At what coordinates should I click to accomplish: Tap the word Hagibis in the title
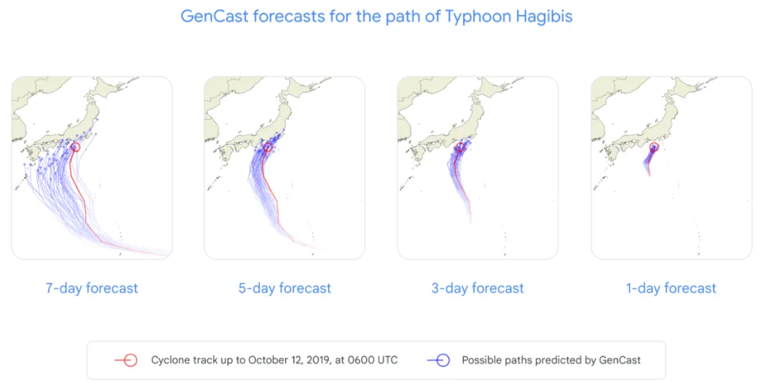pos(544,16)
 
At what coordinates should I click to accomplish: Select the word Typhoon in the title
pos(477,16)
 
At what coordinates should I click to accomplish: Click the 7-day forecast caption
pos(92,288)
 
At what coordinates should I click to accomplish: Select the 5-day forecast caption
pos(284,288)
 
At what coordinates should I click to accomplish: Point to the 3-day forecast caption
pos(477,288)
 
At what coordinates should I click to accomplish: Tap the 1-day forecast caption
pos(671,288)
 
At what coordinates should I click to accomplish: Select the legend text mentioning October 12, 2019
pos(274,361)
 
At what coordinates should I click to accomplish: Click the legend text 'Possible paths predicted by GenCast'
pos(551,361)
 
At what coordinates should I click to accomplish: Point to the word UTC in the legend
pos(386,360)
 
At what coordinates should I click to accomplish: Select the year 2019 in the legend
pos(318,360)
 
